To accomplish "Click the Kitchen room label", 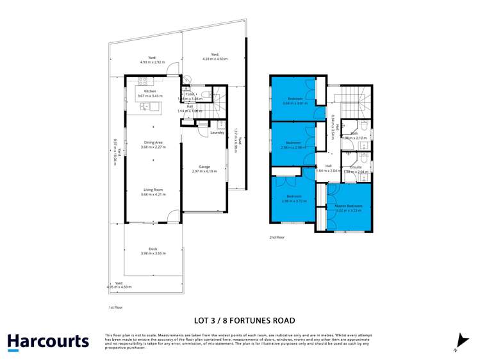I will (x=151, y=92).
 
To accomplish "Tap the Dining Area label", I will (x=153, y=143).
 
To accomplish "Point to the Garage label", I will (x=205, y=167).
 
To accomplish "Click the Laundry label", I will (x=217, y=133).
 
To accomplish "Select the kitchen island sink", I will (x=145, y=106).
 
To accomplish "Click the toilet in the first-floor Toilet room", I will (x=204, y=96).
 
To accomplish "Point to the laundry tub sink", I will (x=221, y=123).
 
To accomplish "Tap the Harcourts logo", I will (x=48, y=341).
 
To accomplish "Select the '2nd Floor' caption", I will (x=277, y=237).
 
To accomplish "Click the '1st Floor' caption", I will (x=115, y=307).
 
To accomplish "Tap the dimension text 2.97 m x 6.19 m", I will (x=205, y=172).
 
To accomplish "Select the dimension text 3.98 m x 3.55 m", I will (x=153, y=253).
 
